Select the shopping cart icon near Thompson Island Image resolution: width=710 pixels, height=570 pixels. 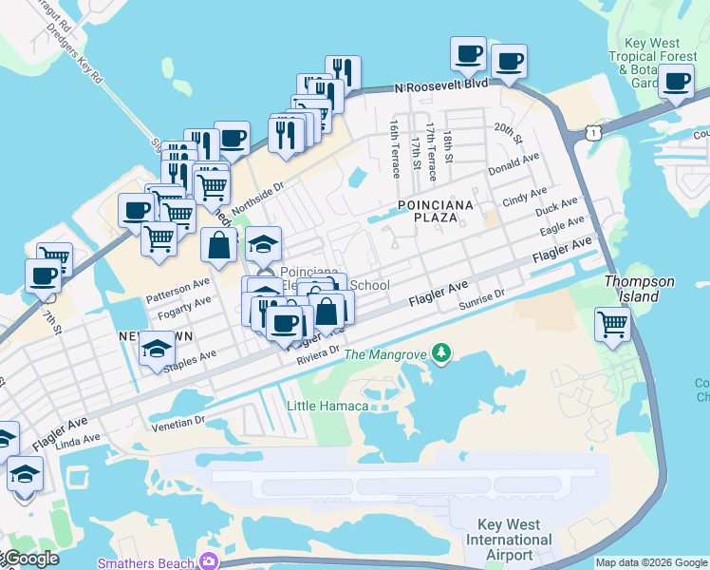click(613, 324)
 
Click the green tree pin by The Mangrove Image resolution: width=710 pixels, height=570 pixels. click(440, 354)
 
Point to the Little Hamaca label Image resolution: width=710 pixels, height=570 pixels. click(327, 406)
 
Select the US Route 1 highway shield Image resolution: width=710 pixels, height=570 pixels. click(593, 133)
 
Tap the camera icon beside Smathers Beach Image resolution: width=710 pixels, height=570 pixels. click(208, 561)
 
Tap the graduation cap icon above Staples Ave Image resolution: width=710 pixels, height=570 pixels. click(157, 350)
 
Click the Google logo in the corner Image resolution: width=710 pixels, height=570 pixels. click(31, 559)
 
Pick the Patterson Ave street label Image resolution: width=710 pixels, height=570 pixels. click(177, 284)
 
